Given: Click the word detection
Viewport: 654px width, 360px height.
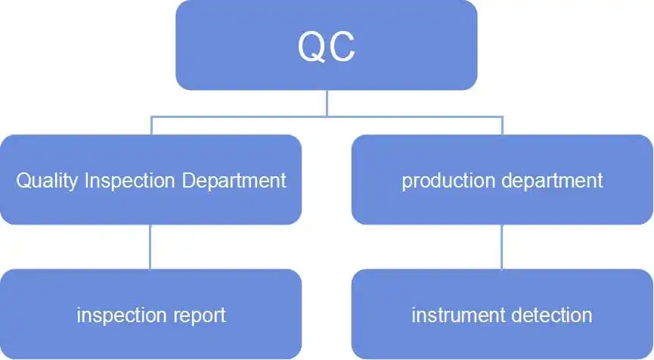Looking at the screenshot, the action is click(x=551, y=315).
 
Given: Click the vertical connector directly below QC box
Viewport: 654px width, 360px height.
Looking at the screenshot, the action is click(x=327, y=103).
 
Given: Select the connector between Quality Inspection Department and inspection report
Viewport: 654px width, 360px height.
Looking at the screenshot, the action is click(x=150, y=247).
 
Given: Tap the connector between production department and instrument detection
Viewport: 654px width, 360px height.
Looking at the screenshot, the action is click(x=502, y=247).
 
